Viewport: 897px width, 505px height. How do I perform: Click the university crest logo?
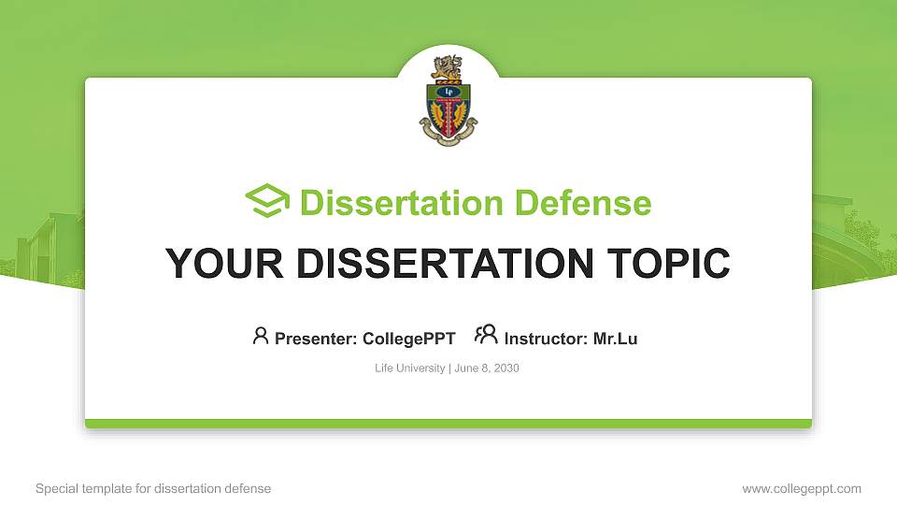tap(448, 101)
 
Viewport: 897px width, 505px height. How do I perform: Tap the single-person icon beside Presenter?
tap(261, 336)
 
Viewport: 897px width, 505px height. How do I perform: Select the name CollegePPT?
tap(408, 339)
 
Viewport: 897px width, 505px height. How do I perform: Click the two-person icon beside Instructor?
tap(486, 335)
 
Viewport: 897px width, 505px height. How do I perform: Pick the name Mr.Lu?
tap(615, 339)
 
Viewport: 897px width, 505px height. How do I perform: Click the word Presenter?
tap(316, 339)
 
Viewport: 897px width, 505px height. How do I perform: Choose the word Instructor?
tap(547, 339)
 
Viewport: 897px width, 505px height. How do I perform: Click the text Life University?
tap(409, 368)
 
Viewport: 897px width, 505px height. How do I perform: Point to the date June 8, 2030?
tap(487, 368)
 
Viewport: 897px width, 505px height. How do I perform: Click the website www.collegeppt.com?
tap(802, 488)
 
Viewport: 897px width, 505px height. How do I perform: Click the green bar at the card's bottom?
tap(448, 424)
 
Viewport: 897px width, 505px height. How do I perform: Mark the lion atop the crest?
tap(447, 67)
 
